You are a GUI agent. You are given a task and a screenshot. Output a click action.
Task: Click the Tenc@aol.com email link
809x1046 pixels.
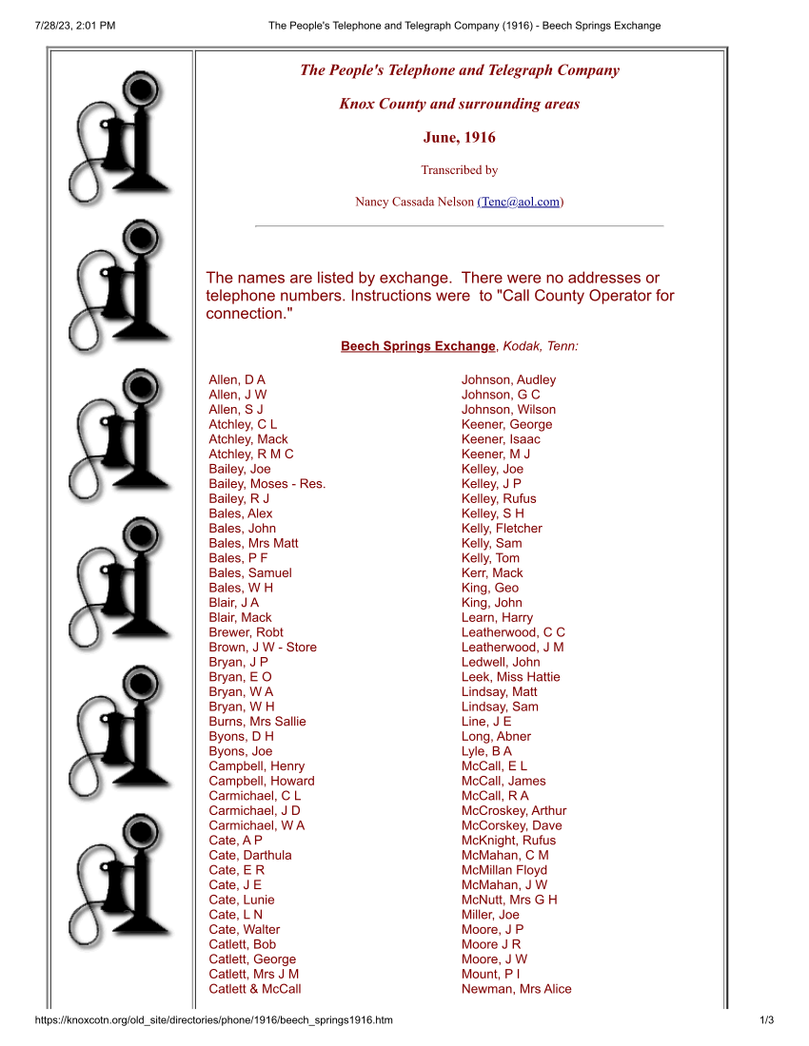coord(520,202)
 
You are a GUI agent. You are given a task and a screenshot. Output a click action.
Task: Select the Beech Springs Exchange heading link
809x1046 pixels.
coord(418,346)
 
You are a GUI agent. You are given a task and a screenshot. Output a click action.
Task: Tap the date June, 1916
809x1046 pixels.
coord(459,138)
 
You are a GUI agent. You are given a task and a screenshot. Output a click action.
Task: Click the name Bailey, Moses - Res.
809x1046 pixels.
coord(266,484)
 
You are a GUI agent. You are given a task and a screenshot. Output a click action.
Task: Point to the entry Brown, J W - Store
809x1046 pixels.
coord(263,648)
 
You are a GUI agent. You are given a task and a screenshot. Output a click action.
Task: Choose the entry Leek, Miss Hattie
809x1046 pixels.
coord(510,677)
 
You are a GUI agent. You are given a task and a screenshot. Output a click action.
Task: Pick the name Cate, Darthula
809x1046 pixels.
coord(250,855)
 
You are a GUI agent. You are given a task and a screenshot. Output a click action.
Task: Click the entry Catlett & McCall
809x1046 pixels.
coord(255,989)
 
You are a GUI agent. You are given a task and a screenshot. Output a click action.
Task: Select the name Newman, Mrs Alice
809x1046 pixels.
coord(516,989)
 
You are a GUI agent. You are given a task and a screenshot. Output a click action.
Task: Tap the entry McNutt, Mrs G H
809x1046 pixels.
coord(509,900)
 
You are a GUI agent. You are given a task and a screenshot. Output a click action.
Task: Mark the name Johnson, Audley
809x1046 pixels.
coord(508,380)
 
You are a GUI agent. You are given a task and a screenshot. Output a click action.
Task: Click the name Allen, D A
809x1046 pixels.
coord(237,380)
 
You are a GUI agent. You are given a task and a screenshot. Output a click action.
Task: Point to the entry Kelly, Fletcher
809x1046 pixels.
coord(502,529)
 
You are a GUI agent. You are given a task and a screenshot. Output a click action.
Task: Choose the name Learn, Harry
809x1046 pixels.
coord(497,618)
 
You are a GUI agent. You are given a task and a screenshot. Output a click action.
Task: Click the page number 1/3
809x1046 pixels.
coord(766,1020)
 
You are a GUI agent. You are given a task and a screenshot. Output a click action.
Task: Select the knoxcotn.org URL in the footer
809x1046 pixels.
coord(213,1020)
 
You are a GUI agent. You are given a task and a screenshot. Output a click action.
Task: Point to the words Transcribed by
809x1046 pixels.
coord(459,170)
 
